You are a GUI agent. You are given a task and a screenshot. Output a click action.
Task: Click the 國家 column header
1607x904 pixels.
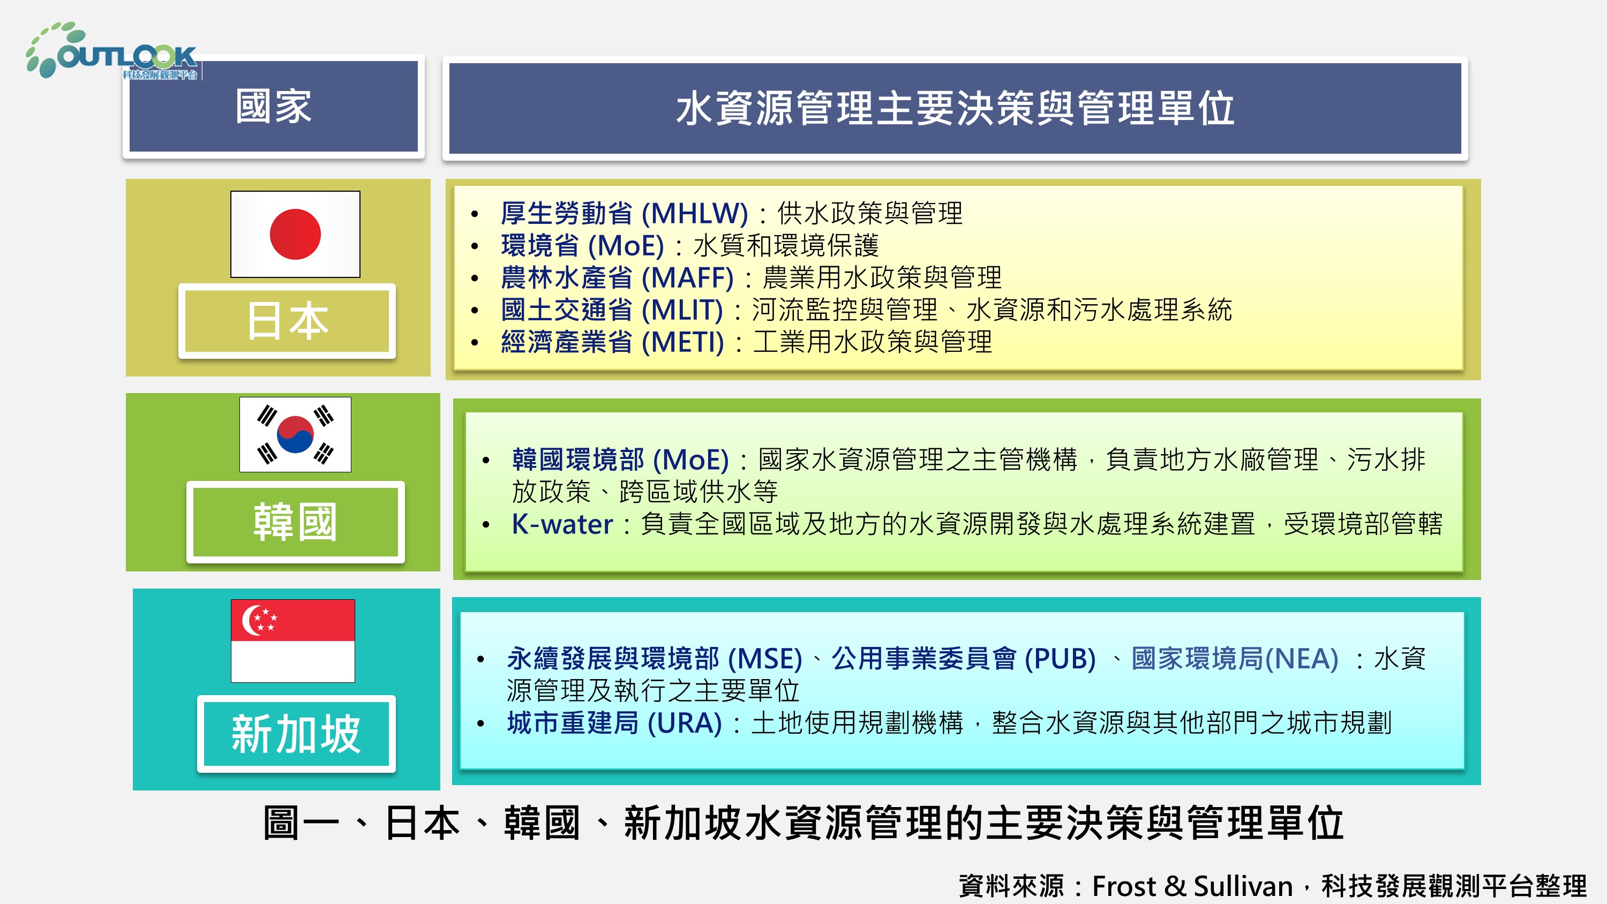pos(274,107)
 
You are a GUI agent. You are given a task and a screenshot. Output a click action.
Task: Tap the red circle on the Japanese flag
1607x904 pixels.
pos(295,234)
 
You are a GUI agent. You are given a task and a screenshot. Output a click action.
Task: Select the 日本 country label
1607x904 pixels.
pos(287,321)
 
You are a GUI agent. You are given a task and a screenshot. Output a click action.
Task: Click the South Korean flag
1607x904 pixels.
pos(295,434)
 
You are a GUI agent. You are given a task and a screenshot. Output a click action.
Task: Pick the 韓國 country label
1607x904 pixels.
pos(295,522)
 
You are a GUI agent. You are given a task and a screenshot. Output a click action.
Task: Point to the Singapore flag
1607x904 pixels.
pos(292,641)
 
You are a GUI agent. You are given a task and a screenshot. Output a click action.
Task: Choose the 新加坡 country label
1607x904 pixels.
pos(296,734)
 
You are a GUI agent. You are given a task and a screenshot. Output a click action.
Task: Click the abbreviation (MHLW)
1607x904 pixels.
pos(694,213)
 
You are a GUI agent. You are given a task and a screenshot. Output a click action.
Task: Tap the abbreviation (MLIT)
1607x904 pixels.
pos(682,310)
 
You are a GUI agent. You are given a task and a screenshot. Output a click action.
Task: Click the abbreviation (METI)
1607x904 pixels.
pos(682,342)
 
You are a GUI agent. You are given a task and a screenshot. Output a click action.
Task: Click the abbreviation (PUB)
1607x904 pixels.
pos(1061,659)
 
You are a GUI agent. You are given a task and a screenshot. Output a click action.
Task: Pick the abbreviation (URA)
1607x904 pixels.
pos(685,723)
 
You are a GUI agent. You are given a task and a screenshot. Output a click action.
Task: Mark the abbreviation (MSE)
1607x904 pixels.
pos(765,659)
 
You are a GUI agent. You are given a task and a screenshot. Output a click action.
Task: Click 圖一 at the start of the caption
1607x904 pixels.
pos(301,823)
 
